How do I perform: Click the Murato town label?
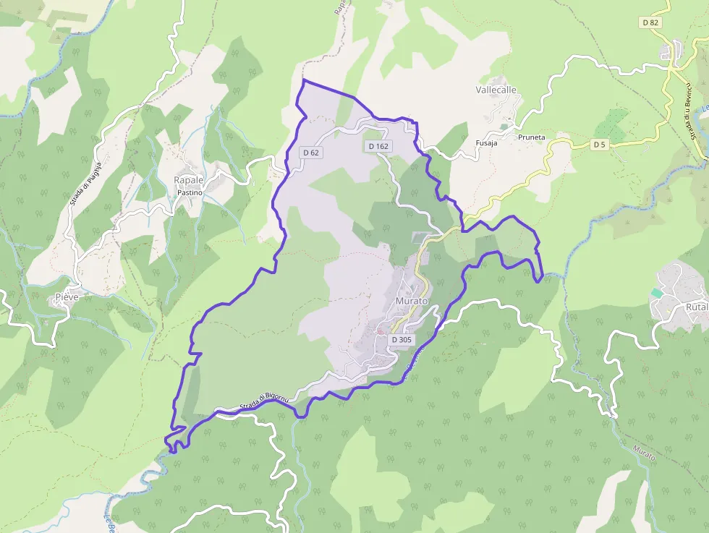412,300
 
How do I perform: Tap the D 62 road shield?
311,153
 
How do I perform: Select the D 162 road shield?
378,146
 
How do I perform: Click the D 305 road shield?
402,339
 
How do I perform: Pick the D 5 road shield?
599,145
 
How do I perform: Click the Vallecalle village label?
496,90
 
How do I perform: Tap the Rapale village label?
188,180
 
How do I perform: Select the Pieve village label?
67,297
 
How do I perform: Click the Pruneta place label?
531,137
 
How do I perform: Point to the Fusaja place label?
486,143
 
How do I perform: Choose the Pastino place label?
190,192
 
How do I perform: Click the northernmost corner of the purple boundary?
303,80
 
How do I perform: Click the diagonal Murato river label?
644,454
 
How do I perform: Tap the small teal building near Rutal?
656,292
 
